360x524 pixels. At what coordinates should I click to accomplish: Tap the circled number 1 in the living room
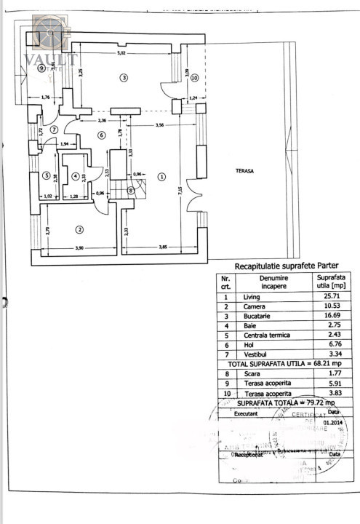[161, 175]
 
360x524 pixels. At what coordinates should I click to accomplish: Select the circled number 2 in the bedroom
[79, 230]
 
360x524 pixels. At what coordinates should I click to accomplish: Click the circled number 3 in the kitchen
[124, 77]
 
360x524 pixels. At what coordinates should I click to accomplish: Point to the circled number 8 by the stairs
[131, 191]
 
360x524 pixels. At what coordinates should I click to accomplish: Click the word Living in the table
[251, 297]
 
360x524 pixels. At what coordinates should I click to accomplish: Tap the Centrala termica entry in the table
[267, 335]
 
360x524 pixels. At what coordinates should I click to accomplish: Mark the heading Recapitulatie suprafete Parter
[280, 266]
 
